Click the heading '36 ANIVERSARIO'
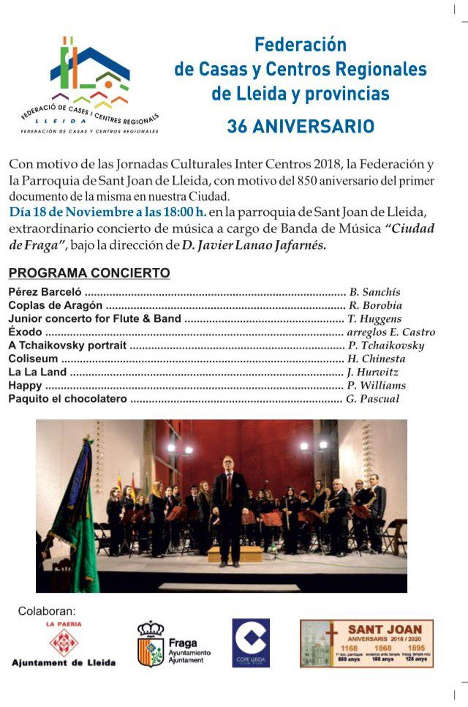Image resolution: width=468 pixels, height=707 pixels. [301, 126]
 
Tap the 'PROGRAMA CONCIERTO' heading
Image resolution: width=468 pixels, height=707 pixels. [89, 273]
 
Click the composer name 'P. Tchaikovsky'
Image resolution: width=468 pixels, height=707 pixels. [386, 345]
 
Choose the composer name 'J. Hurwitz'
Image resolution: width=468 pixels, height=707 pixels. [373, 373]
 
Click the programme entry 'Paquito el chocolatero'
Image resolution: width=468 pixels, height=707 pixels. [68, 400]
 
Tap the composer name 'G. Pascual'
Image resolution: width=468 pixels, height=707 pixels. [373, 400]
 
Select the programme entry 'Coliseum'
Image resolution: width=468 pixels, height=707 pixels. [34, 359]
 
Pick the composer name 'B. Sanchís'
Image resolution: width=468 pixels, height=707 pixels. [375, 292]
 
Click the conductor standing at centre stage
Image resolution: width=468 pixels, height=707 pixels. [230, 505]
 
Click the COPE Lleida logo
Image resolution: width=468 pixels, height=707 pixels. [251, 643]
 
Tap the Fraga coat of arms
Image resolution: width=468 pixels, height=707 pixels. [151, 644]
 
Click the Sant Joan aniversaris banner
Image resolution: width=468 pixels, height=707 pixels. [366, 643]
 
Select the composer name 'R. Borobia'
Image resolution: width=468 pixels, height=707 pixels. [375, 305]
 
